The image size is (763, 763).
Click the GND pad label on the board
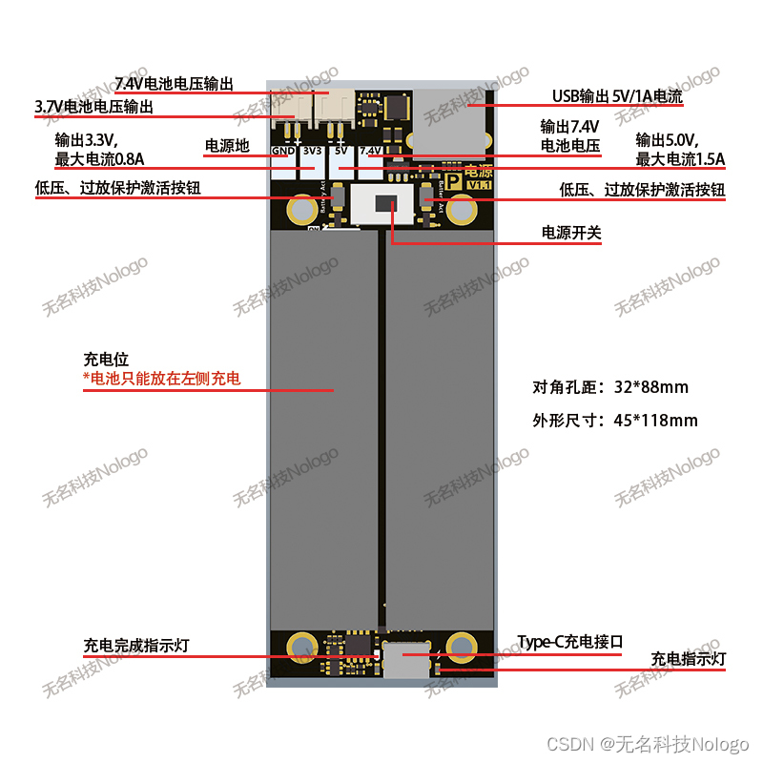coord(282,151)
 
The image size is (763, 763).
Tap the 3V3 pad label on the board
coord(312,151)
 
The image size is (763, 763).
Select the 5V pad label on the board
coord(340,151)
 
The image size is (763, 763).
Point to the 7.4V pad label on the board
coord(370,151)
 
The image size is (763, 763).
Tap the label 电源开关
coord(571,233)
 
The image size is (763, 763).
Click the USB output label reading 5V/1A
coord(617,96)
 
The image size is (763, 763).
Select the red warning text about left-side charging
coord(162,380)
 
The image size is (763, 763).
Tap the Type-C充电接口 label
coord(569,642)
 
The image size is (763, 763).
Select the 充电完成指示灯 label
coord(136,646)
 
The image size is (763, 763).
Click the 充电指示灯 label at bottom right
coord(689,658)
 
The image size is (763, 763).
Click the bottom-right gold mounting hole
coord(461,648)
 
